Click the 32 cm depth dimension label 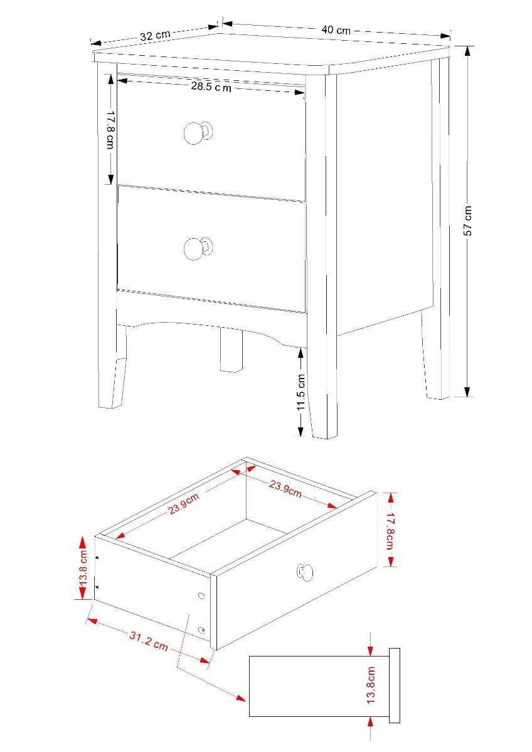tap(154, 36)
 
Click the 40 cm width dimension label tap(336, 29)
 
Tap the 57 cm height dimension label tap(468, 221)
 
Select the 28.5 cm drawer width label tap(211, 87)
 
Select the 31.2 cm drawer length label tap(149, 641)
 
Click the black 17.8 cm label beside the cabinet tap(110, 130)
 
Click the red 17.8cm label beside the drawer tap(390, 530)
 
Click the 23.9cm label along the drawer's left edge tap(184, 504)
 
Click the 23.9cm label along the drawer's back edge tap(285, 489)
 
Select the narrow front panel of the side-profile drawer tap(395, 686)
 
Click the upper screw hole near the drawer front tap(201, 596)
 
